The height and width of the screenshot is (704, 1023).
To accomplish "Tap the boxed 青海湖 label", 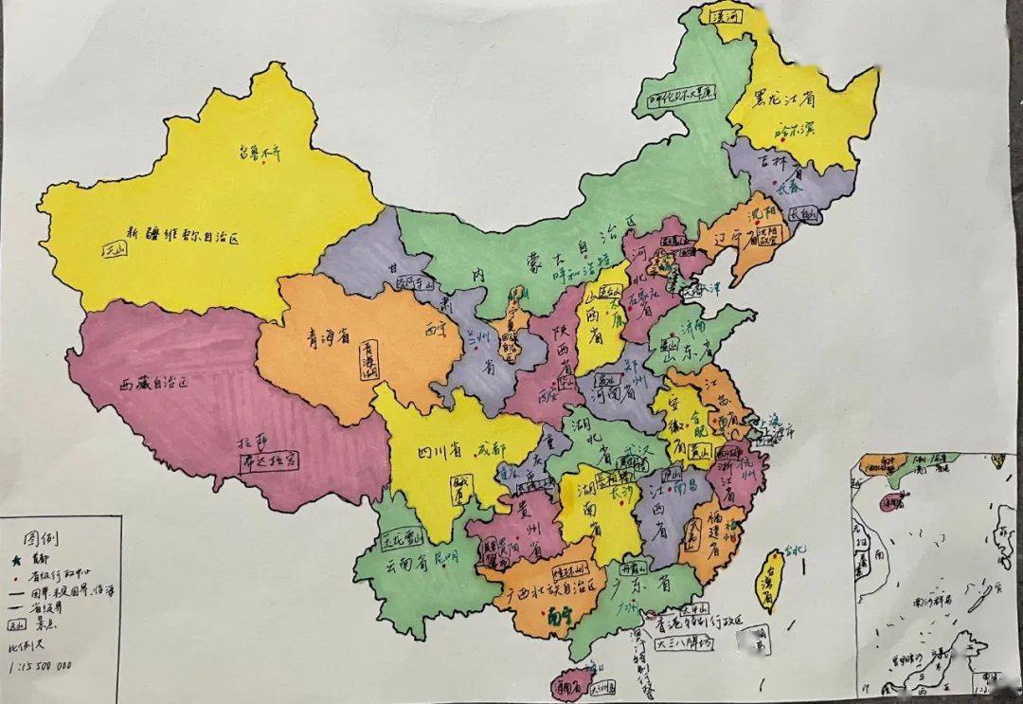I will click(x=368, y=361).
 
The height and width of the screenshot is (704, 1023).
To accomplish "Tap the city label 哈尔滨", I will click(x=794, y=129).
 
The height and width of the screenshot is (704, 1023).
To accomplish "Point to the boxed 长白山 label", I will click(x=800, y=215).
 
